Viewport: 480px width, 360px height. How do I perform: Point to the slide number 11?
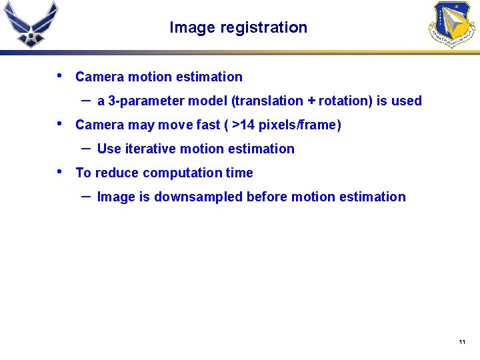pyautogui.click(x=461, y=342)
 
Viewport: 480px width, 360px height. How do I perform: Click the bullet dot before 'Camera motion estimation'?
pyautogui.click(x=61, y=75)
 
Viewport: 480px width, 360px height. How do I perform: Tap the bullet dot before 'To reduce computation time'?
pyautogui.click(x=61, y=171)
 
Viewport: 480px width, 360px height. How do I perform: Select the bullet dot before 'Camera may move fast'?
pyautogui.click(x=61, y=123)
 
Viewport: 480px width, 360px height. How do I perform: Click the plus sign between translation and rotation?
pyautogui.click(x=311, y=101)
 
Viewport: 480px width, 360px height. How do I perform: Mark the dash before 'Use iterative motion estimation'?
pyautogui.click(x=86, y=147)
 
